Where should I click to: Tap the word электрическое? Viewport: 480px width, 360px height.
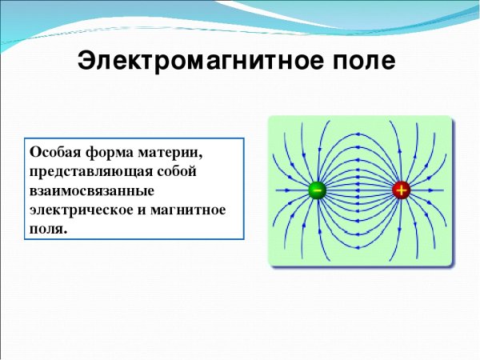78,210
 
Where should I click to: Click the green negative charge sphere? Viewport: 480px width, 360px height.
317,190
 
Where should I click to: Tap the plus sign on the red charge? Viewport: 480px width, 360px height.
401,190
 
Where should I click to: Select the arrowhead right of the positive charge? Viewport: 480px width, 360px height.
430,190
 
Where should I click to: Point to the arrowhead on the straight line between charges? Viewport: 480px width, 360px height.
358,190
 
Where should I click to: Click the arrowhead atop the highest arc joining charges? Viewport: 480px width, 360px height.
358,134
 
